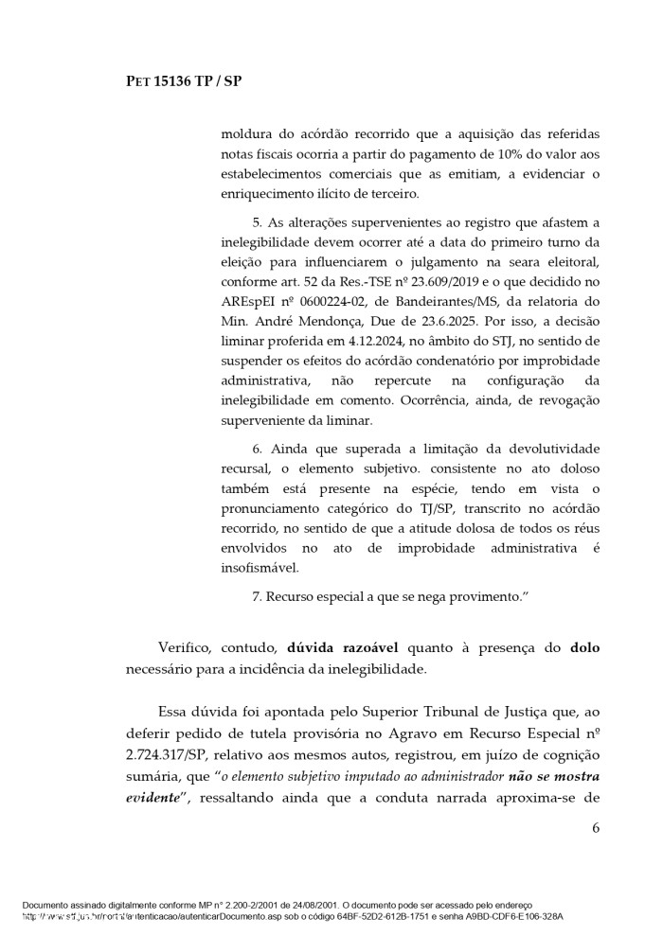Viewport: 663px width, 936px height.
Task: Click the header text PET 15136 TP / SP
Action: (185, 81)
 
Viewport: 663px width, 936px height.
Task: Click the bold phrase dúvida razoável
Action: (341, 648)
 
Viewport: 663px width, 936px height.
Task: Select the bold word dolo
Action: (584, 648)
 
